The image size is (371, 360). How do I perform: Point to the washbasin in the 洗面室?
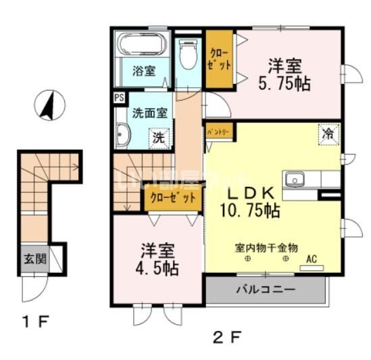122,136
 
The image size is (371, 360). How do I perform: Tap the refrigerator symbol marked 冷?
328,134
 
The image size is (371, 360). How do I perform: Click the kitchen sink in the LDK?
295,180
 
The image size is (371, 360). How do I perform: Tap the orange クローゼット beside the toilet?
219,60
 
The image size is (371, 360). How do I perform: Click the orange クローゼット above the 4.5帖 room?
172,198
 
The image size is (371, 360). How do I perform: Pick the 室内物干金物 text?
267,247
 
